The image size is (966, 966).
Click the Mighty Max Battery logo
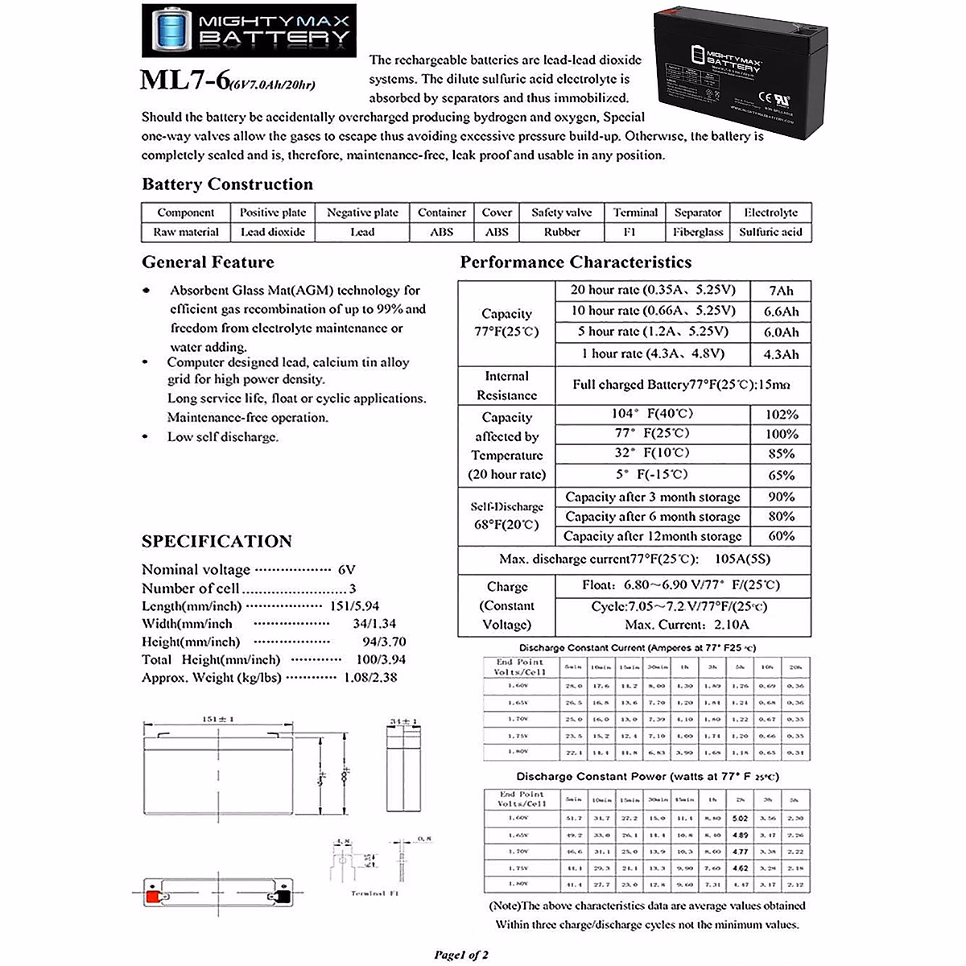pyautogui.click(x=248, y=30)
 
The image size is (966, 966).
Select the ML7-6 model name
pyautogui.click(x=184, y=80)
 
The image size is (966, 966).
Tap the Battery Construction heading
pyautogui.click(x=227, y=184)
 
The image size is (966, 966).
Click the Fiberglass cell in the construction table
pyautogui.click(x=697, y=232)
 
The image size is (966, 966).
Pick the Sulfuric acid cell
pyautogui.click(x=770, y=232)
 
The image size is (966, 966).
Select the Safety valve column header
pyautogui.click(x=561, y=213)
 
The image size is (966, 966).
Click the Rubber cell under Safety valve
pyautogui.click(x=561, y=232)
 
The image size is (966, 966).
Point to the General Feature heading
pyautogui.click(x=208, y=262)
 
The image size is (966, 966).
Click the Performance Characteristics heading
pyautogui.click(x=575, y=262)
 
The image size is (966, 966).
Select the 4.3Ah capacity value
pyautogui.click(x=780, y=354)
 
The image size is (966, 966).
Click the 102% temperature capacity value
pyautogui.click(x=781, y=415)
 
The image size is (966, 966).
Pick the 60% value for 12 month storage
pyautogui.click(x=781, y=536)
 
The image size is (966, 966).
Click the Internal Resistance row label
pyautogui.click(x=506, y=386)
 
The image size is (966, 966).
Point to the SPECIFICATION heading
pyautogui.click(x=217, y=541)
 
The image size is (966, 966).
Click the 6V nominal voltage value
pyautogui.click(x=346, y=570)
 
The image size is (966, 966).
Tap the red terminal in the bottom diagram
pyautogui.click(x=151, y=895)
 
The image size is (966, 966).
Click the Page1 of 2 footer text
pyautogui.click(x=461, y=955)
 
